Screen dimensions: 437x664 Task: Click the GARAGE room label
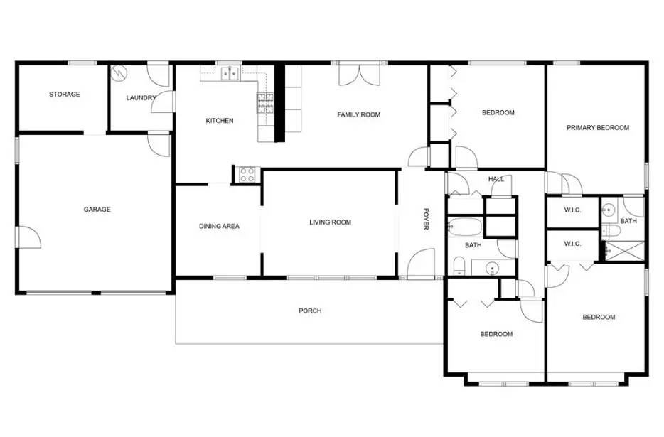coord(97,210)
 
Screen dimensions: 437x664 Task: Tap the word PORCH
coord(310,311)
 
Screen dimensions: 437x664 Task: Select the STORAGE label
coord(64,94)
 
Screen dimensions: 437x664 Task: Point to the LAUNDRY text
coord(140,98)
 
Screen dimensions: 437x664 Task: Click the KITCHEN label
coord(219,121)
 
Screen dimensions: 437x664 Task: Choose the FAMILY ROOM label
coord(358,114)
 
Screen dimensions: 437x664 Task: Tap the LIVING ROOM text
coord(330,222)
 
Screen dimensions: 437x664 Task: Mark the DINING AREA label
coord(218,227)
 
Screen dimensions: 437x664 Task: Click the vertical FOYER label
coord(427,219)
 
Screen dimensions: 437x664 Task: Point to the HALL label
coord(496,179)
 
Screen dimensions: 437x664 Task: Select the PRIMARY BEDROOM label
coord(597,128)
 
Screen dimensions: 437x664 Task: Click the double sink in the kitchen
coord(229,72)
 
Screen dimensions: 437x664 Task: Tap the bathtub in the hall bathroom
coord(466,227)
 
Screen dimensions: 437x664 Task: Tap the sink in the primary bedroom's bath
coord(609,210)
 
